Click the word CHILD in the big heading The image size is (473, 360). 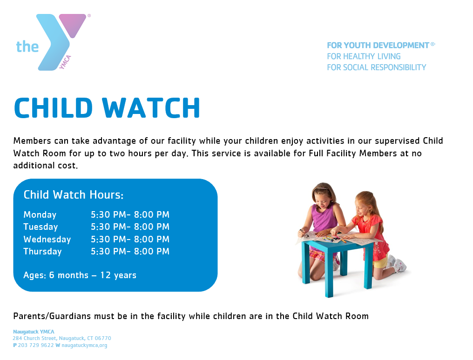53,107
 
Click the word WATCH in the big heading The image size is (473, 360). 151,107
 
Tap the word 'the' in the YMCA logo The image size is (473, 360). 27,47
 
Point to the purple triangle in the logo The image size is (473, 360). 73,25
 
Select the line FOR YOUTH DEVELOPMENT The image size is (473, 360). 378,46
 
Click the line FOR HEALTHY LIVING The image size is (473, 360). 364,56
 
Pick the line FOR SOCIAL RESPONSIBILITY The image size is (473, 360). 377,67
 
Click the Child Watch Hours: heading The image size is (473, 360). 73,195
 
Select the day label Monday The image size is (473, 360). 40,214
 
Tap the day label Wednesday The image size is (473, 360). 47,239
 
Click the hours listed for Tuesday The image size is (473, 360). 130,227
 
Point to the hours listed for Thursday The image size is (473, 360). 130,251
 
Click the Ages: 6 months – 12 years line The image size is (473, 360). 80,275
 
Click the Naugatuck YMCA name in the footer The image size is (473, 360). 34,332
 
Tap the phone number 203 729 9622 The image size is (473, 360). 35,345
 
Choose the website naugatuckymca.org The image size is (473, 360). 84,345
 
